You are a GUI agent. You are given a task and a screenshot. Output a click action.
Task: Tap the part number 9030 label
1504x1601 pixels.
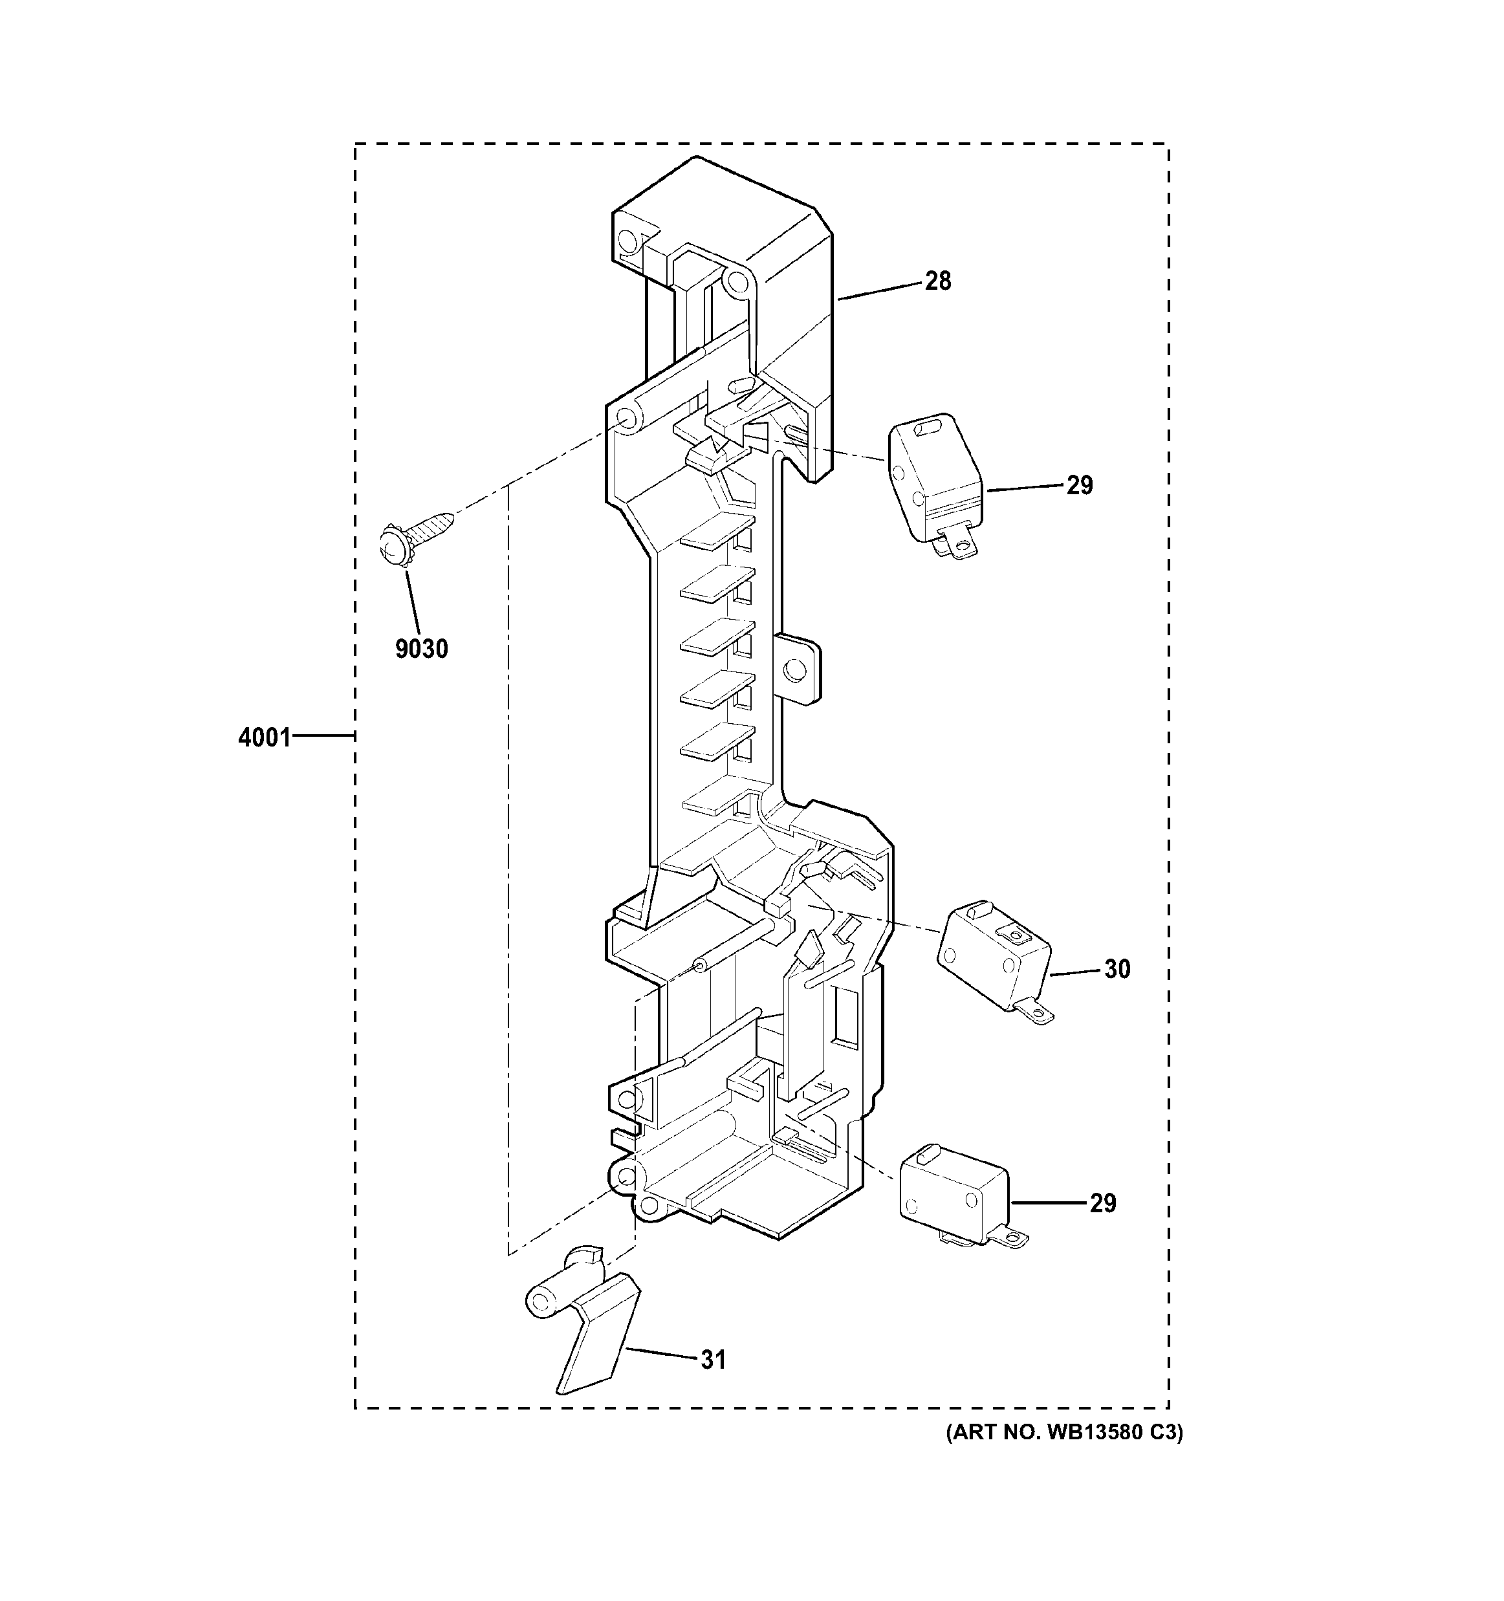coord(421,648)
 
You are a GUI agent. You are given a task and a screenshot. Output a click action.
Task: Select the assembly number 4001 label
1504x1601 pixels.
coord(264,737)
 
